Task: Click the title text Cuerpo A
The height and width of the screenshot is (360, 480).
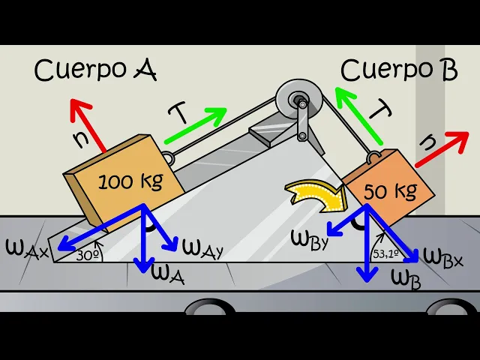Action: coord(95,70)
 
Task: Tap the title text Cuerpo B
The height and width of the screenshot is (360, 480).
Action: coord(398,69)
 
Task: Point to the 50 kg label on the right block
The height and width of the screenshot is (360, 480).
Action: coord(390,191)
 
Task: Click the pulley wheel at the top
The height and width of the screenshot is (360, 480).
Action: coord(298,100)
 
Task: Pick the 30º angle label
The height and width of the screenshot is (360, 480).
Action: coord(88,254)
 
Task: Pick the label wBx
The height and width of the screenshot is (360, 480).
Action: coord(442,255)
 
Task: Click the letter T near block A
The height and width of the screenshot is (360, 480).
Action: coord(177,113)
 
